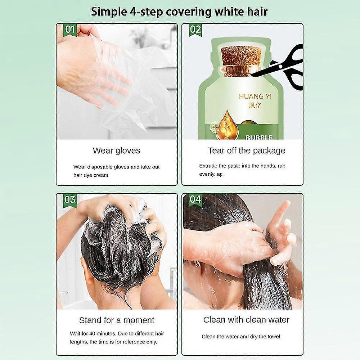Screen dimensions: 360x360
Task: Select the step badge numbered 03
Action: click(70, 199)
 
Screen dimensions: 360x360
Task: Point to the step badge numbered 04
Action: click(195, 199)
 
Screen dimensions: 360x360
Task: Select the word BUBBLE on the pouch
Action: click(259, 137)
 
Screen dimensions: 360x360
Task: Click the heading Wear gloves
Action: click(116, 150)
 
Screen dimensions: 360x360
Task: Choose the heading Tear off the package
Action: click(246, 150)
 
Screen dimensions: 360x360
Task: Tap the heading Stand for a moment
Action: click(116, 320)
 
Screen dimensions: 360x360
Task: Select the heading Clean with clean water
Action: click(246, 320)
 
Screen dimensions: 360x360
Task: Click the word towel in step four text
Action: click(274, 337)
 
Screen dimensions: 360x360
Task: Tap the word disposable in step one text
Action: click(103, 167)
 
